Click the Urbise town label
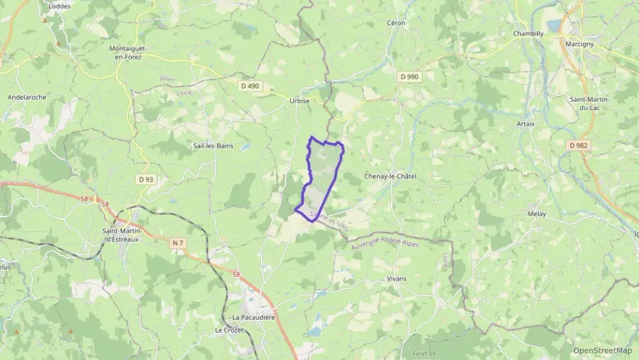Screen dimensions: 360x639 pyautogui.click(x=299, y=100)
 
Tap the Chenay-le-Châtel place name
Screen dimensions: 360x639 pyautogui.click(x=390, y=176)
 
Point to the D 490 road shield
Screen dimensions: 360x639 pyautogui.click(x=251, y=86)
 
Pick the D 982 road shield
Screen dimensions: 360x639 pyautogui.click(x=578, y=146)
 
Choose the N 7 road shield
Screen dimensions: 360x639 pyautogui.click(x=178, y=243)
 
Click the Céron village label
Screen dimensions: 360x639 pyautogui.click(x=396, y=23)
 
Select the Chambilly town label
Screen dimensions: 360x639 pyautogui.click(x=528, y=33)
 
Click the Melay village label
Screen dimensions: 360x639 pyautogui.click(x=537, y=214)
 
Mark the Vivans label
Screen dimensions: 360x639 pyautogui.click(x=396, y=279)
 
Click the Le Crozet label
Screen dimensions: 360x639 pyautogui.click(x=229, y=330)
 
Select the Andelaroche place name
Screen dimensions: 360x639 pyautogui.click(x=27, y=97)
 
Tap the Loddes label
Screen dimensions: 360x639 pyautogui.click(x=59, y=5)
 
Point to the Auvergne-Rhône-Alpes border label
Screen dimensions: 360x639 pyautogui.click(x=394, y=240)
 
